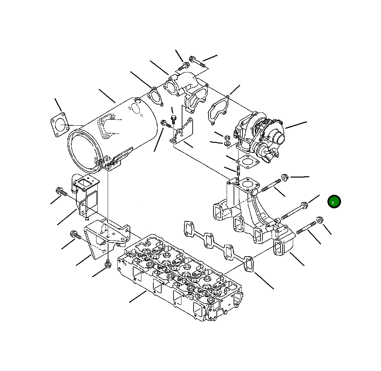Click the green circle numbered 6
[x=334, y=202]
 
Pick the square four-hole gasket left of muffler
[x=59, y=125]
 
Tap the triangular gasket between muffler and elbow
[x=155, y=97]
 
